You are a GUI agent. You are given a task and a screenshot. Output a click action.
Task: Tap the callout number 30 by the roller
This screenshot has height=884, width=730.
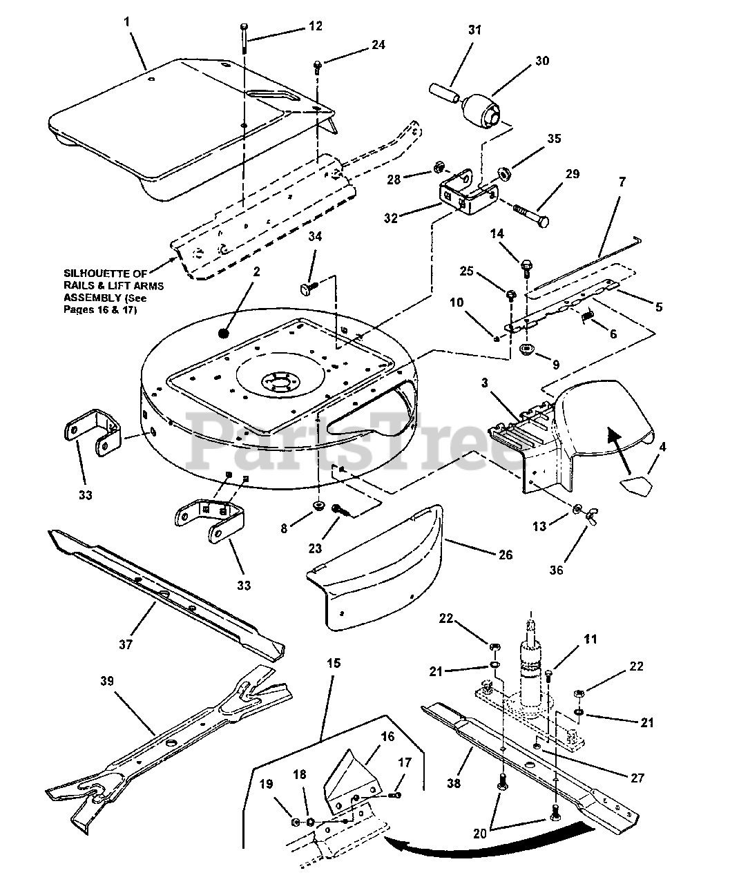[x=541, y=61]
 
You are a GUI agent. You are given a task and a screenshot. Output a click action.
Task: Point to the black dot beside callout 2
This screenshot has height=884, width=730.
[x=223, y=333]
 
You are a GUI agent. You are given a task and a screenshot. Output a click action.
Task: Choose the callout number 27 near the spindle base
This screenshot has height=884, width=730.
[x=636, y=778]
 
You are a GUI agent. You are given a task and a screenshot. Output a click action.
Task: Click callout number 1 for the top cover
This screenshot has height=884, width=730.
[x=127, y=22]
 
